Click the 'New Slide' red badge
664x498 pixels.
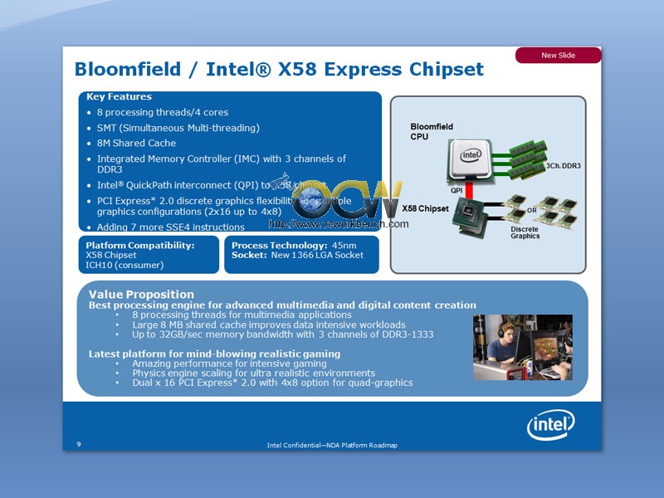559,56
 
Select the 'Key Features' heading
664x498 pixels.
119,97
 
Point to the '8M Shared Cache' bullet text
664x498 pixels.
136,143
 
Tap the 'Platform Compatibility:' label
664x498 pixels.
140,246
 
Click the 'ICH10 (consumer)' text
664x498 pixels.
124,266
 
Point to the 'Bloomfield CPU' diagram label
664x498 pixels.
432,131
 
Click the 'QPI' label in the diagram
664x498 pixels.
456,191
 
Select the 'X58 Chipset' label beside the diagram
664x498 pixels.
425,208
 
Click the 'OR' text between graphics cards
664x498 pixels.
531,210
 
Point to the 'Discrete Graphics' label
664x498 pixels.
525,232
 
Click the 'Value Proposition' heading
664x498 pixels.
141,295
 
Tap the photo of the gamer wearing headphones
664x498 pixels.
522,347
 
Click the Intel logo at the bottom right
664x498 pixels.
550,427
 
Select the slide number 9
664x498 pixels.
79,444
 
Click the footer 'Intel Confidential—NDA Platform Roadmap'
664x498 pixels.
332,446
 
